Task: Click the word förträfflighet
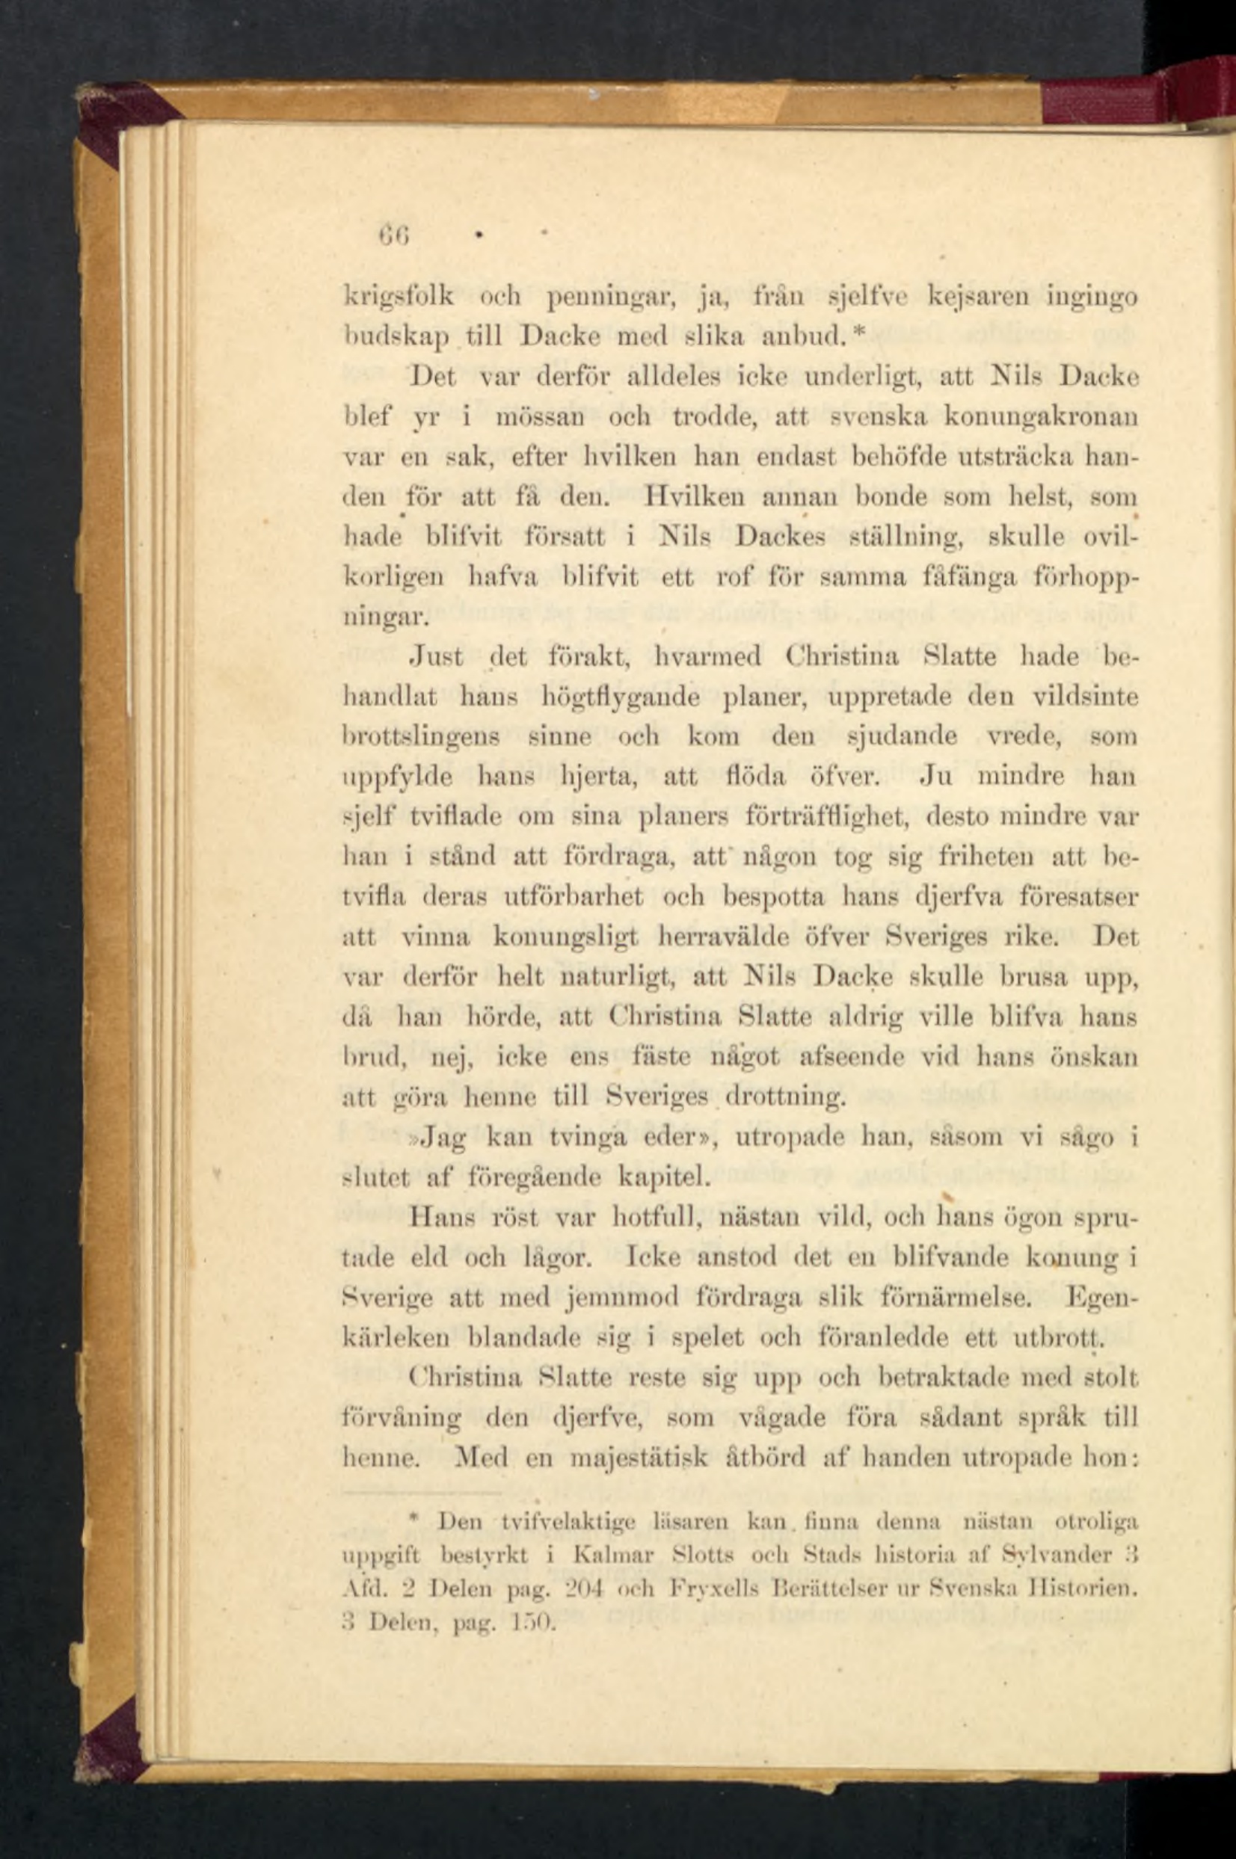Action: tap(801, 818)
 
